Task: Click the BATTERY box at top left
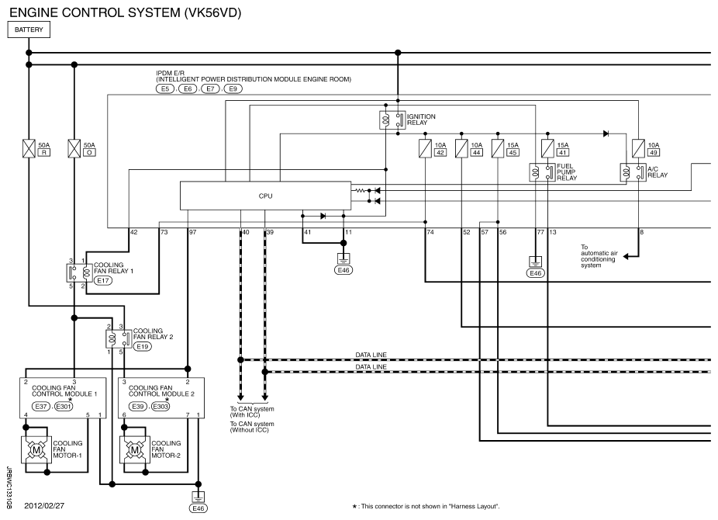tap(29, 29)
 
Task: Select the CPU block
tap(266, 196)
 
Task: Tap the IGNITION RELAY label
tap(421, 120)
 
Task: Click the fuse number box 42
tap(440, 153)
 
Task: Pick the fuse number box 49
tap(653, 153)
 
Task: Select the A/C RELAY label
tap(657, 172)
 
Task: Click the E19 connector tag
tap(142, 347)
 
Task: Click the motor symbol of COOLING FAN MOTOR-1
tap(34, 451)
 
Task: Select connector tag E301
tap(64, 406)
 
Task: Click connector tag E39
tap(138, 406)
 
